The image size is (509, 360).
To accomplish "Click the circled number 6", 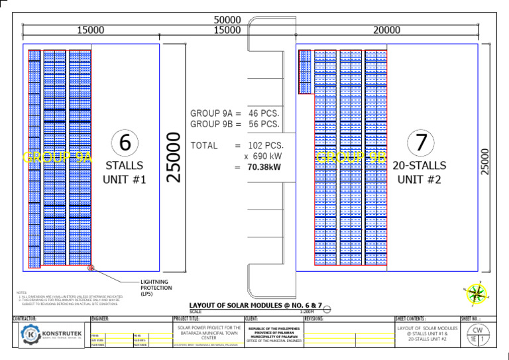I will (x=125, y=143).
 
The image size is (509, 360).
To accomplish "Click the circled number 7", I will (x=420, y=142).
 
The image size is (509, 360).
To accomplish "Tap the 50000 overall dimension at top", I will (x=227, y=21).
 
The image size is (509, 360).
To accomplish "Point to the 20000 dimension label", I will (x=386, y=30).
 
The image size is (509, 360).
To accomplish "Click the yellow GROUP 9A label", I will (x=58, y=157).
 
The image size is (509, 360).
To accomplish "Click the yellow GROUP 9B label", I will (x=351, y=157).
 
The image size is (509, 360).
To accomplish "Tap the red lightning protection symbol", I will (x=91, y=269).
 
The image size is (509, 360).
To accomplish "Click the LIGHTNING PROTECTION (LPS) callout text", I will (x=156, y=288).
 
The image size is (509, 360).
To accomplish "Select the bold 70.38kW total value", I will (x=264, y=168).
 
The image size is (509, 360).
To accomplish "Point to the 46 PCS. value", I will (x=264, y=113).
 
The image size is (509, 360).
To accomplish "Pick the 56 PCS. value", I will (x=264, y=124).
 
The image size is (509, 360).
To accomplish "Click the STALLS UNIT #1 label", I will (x=125, y=172).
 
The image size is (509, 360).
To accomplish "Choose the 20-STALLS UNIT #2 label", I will (x=420, y=172).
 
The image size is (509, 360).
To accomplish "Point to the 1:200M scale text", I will (x=307, y=311).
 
